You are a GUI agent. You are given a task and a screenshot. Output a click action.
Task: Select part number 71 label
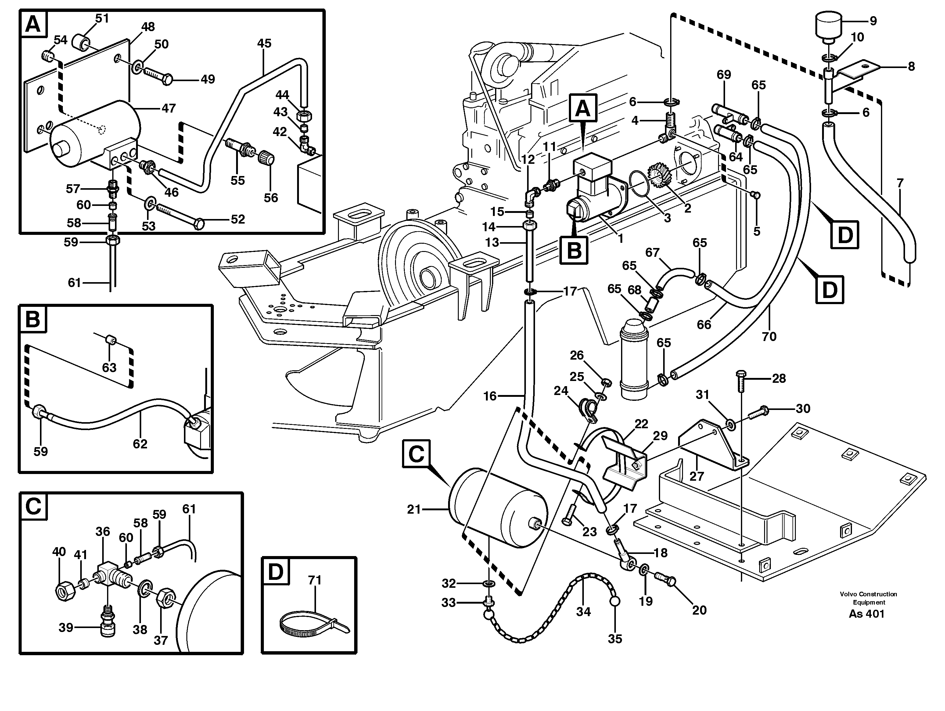point(314,580)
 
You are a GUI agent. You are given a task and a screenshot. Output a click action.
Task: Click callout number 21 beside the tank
point(414,509)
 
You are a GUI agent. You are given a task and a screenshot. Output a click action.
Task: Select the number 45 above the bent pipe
point(264,43)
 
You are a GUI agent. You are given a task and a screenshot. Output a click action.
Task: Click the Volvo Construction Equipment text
point(868,598)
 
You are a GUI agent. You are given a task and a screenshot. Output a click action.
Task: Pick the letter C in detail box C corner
point(33,507)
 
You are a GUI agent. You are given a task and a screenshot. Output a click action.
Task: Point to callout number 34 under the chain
point(583,612)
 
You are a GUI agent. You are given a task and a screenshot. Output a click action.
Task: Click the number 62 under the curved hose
point(140,444)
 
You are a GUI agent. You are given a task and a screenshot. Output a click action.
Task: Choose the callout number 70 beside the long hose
point(769,337)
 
